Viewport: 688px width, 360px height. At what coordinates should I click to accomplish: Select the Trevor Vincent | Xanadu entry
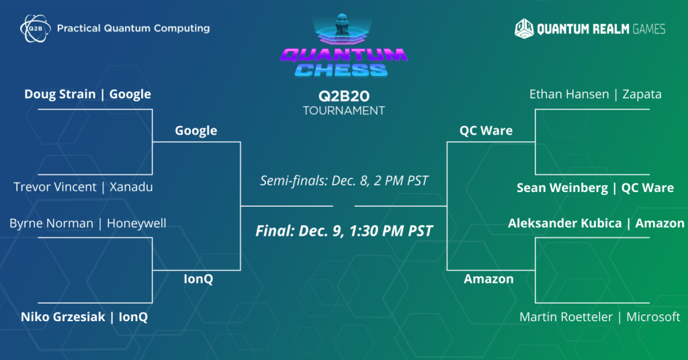tap(83, 187)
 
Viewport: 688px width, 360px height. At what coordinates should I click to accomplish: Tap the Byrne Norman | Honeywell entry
tap(87, 223)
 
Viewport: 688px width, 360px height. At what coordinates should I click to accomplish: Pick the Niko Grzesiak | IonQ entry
tap(84, 317)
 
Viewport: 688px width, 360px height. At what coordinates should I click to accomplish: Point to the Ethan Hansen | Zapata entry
tap(595, 94)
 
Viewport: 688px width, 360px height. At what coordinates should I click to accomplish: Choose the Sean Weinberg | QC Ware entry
tap(595, 188)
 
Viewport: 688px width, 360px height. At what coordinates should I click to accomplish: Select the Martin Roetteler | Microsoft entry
tap(599, 317)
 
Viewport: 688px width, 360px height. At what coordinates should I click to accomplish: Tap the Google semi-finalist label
tap(196, 130)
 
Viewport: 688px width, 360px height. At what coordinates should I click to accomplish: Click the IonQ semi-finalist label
tap(198, 279)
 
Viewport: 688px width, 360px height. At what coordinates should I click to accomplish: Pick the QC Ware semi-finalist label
tap(486, 130)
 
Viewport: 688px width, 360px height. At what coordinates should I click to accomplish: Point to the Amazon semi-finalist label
tap(488, 279)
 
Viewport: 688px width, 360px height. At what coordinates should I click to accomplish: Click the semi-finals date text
tap(344, 181)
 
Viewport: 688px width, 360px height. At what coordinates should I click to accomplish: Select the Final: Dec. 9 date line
tap(344, 231)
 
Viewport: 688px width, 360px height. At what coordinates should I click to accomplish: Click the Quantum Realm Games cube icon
tap(525, 28)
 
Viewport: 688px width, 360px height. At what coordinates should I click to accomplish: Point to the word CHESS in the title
tap(344, 70)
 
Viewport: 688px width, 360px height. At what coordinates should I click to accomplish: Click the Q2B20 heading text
tap(344, 95)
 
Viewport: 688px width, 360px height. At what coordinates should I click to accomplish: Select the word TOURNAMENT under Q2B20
tap(344, 110)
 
